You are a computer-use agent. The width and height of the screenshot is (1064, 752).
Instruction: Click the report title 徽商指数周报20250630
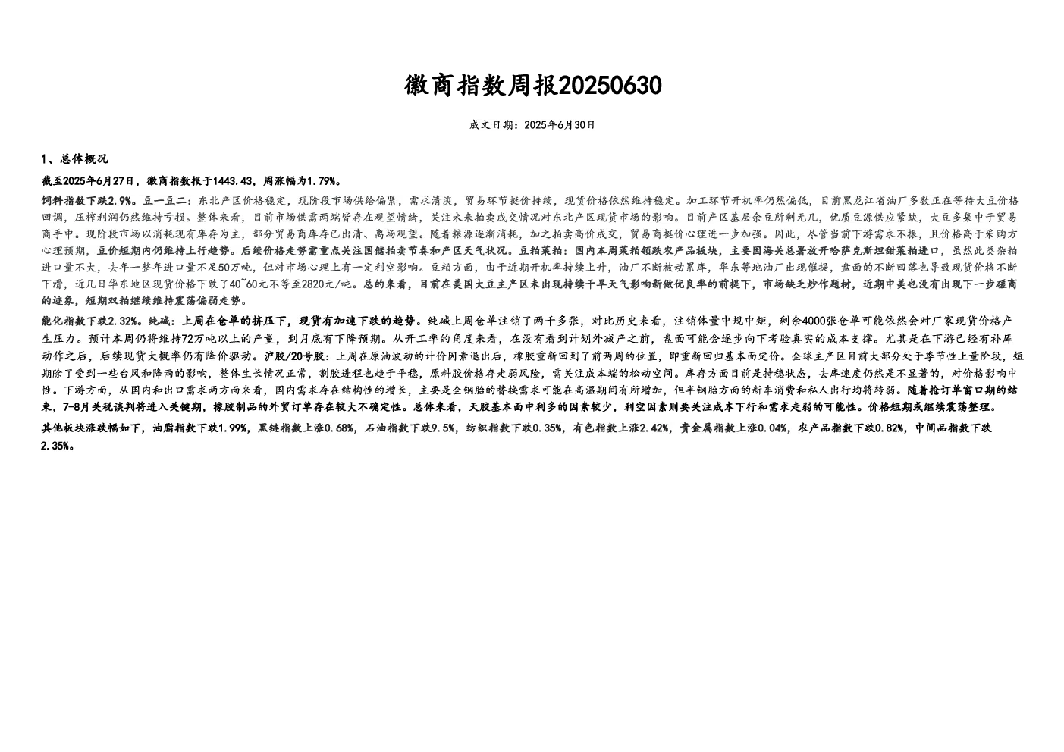click(532, 86)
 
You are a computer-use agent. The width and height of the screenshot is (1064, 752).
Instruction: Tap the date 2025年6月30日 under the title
click(560, 125)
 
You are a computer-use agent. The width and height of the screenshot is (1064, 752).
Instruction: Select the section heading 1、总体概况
click(74, 159)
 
